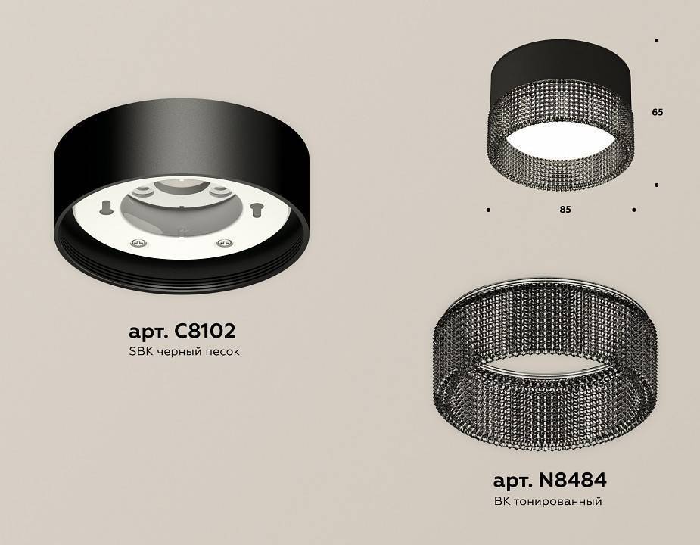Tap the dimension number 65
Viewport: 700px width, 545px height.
pos(657,112)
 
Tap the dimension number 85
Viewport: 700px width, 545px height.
pos(565,210)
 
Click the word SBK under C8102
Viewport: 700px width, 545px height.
pos(140,353)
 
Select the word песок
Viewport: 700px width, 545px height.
pos(222,353)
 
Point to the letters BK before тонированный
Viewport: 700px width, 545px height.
pos(502,501)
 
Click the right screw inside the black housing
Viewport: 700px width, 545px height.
pos(222,242)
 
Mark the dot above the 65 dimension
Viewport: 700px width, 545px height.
pos(656,40)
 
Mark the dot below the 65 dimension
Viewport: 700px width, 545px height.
pos(656,185)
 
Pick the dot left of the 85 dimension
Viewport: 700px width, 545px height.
pos(489,210)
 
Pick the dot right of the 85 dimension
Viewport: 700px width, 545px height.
pos(633,210)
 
